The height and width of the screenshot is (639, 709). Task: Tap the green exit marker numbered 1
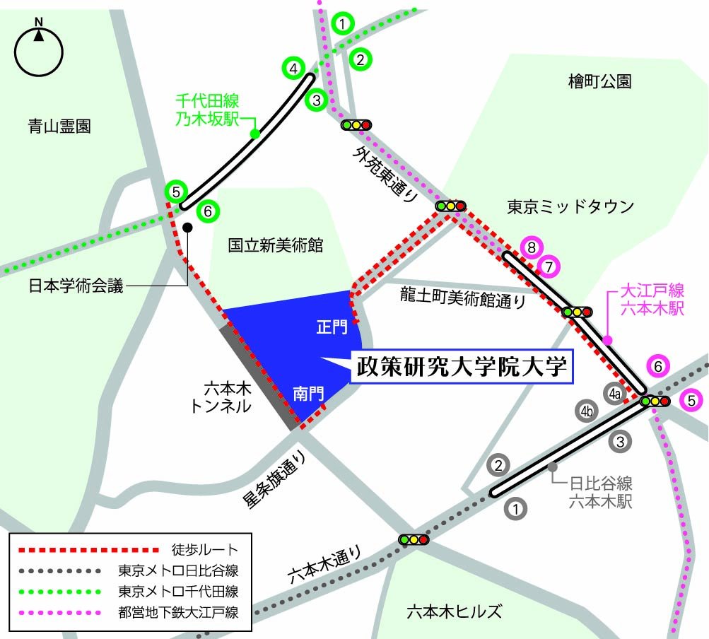click(343, 24)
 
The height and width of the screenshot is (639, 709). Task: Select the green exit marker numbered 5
click(175, 192)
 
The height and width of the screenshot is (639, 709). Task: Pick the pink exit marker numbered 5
click(691, 401)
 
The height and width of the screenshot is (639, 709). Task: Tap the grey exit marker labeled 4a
click(614, 393)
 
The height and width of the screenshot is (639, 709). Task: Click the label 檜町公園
click(599, 81)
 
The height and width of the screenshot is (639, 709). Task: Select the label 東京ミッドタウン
click(570, 206)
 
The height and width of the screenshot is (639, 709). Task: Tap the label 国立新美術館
click(275, 245)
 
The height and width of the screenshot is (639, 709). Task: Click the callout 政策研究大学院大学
click(463, 368)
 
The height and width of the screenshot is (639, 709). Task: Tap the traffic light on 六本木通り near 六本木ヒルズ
click(414, 539)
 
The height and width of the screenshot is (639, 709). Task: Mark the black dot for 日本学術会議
click(187, 227)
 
